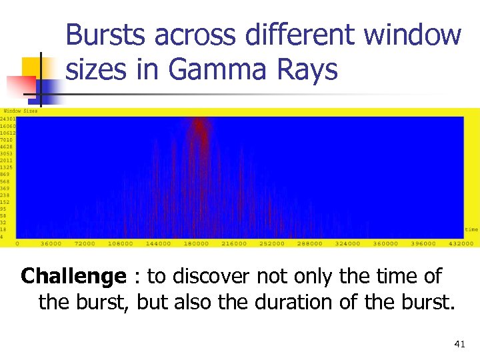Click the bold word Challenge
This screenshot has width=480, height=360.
(73, 275)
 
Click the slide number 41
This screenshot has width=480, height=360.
(459, 344)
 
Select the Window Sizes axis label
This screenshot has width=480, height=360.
(21, 111)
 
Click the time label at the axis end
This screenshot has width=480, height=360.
(471, 229)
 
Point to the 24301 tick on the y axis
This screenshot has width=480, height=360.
(7, 119)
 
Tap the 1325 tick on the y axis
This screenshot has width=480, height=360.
(7, 167)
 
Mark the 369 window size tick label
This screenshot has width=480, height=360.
(5, 188)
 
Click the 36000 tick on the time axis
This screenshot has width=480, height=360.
(51, 243)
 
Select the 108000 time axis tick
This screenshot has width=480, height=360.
(121, 243)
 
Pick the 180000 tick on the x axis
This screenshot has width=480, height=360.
(196, 243)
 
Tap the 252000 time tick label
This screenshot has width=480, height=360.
(271, 243)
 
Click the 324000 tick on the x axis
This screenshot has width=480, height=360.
(347, 243)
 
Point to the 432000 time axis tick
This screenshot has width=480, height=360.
(461, 243)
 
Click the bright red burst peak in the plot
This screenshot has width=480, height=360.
(199, 125)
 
